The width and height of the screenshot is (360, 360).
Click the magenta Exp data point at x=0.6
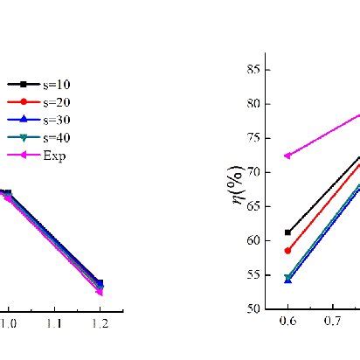(287, 156)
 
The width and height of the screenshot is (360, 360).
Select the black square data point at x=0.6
(287, 232)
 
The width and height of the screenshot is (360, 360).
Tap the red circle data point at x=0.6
(287, 250)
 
